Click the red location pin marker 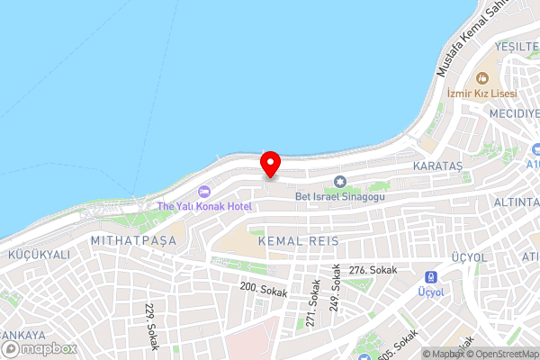pos(270,164)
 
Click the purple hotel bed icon pos(203,191)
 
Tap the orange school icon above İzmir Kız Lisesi pos(481,77)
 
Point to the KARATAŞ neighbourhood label pos(437,167)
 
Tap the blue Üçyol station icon pos(431,277)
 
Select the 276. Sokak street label pos(373,270)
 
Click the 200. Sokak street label pos(264,289)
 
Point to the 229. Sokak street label pos(150,324)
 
